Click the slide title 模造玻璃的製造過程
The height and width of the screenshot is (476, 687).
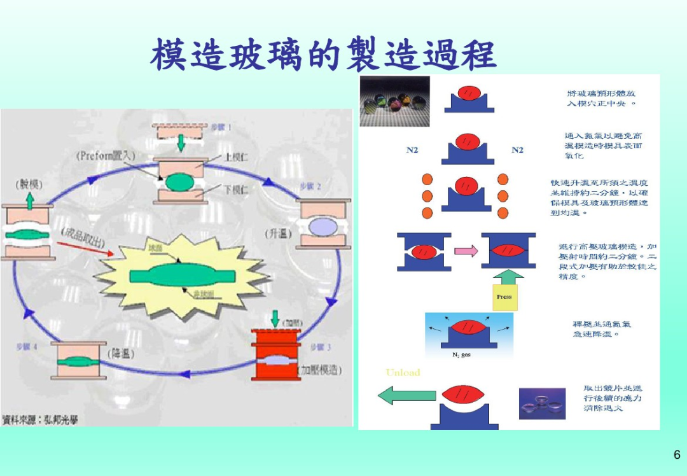coord(323,55)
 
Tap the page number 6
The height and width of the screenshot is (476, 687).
coord(677,454)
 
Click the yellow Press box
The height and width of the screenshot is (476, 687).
coord(504,297)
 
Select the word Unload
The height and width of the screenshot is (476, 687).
coord(403,372)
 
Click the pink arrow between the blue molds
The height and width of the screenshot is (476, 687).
coord(466,251)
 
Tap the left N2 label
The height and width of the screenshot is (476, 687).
coord(412,150)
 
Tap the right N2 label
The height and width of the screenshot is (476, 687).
coord(517,150)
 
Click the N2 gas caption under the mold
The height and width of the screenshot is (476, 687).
coord(461,355)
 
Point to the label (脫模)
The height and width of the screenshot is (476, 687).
coord(29,185)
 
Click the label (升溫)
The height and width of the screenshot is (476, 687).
coord(277,234)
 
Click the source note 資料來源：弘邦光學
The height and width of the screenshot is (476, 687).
coord(40,419)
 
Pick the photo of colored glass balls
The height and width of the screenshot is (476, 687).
coord(394,101)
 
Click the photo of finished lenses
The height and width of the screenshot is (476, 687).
coord(542,403)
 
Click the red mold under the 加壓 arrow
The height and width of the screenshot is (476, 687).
coord(275,354)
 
